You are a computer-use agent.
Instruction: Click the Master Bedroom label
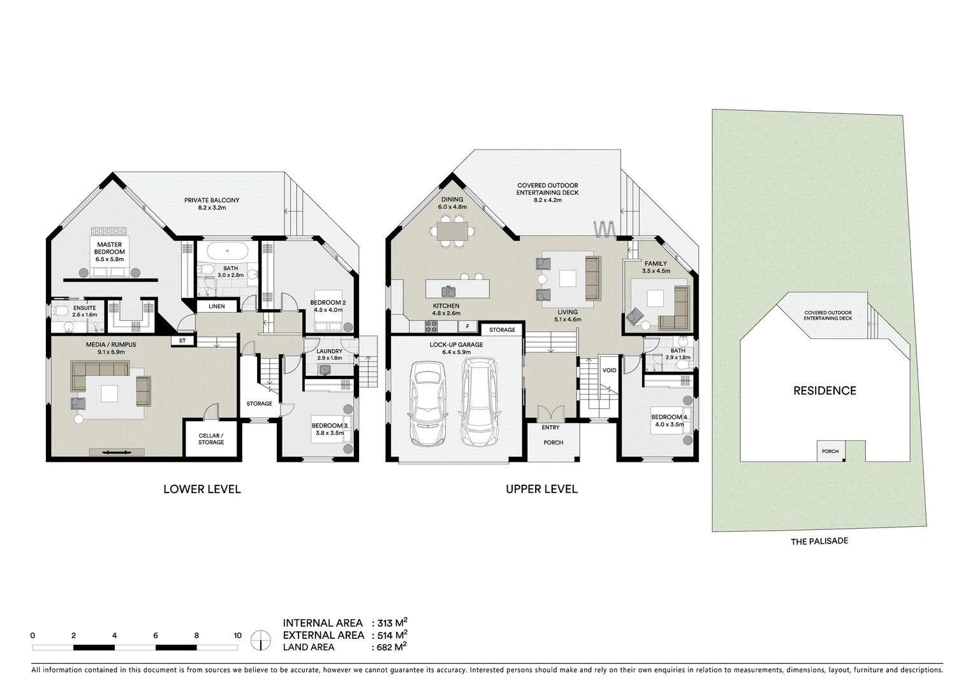point(110,248)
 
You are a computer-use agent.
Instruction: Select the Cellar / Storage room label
point(211,439)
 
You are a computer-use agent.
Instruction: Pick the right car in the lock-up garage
point(478,401)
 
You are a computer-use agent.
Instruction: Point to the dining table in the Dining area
point(452,230)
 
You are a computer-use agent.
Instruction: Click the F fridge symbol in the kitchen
point(467,327)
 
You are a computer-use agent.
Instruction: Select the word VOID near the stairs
point(610,370)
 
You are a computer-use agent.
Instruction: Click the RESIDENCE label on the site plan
point(825,391)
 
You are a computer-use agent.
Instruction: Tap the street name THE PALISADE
point(819,541)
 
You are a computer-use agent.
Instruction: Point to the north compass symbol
point(260,640)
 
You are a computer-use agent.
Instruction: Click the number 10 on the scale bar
point(237,635)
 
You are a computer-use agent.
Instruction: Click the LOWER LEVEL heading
point(202,489)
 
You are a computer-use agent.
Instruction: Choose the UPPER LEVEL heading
point(541,489)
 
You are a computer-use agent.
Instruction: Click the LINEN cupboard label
point(217,306)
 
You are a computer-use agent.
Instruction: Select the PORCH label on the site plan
point(830,451)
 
